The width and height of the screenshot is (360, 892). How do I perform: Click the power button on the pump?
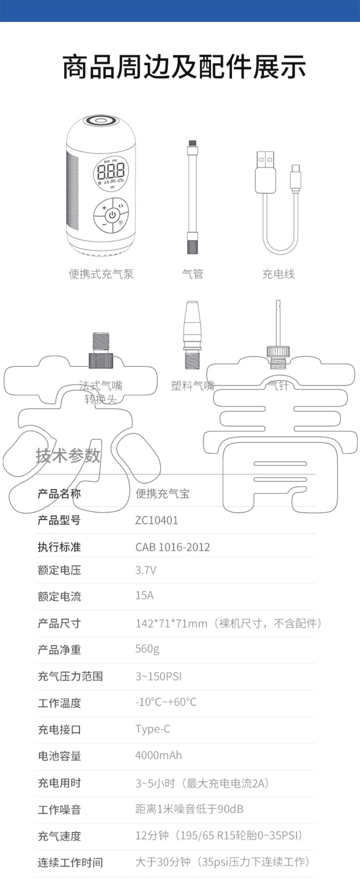coord(112,214)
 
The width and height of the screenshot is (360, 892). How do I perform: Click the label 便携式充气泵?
coord(101,274)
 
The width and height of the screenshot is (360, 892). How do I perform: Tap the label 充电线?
coord(278,274)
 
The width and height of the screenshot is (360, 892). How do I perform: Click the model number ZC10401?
coord(156,520)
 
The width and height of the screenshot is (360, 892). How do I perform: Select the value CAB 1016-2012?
coord(172,547)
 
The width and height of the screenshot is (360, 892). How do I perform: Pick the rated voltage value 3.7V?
coord(145,570)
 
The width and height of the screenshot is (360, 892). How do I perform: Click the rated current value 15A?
coord(144,596)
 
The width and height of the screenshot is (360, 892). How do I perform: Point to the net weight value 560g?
coord(147,649)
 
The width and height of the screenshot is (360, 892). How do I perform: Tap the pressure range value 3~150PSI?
coord(158,676)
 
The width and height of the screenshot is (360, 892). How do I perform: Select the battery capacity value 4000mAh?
coord(158,755)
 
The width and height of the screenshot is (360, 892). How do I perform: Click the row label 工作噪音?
coord(59,810)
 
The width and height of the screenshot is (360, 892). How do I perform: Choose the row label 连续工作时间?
coord(70,862)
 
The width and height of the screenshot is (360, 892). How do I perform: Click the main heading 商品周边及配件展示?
coord(184,67)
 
